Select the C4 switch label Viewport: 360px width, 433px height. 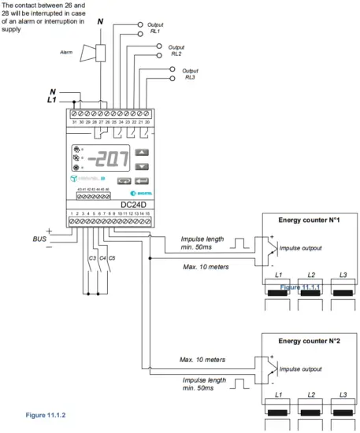pyautogui.click(x=101, y=257)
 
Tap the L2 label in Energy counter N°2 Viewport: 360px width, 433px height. pyautogui.click(x=311, y=394)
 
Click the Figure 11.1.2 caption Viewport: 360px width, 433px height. pyautogui.click(x=35, y=413)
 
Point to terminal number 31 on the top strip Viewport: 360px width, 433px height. pyautogui.click(x=74, y=122)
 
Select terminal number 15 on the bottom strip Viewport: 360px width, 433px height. pyautogui.click(x=148, y=214)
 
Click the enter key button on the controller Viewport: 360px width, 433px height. pyautogui.click(x=141, y=179)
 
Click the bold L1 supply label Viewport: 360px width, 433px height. pyautogui.click(x=52, y=101)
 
